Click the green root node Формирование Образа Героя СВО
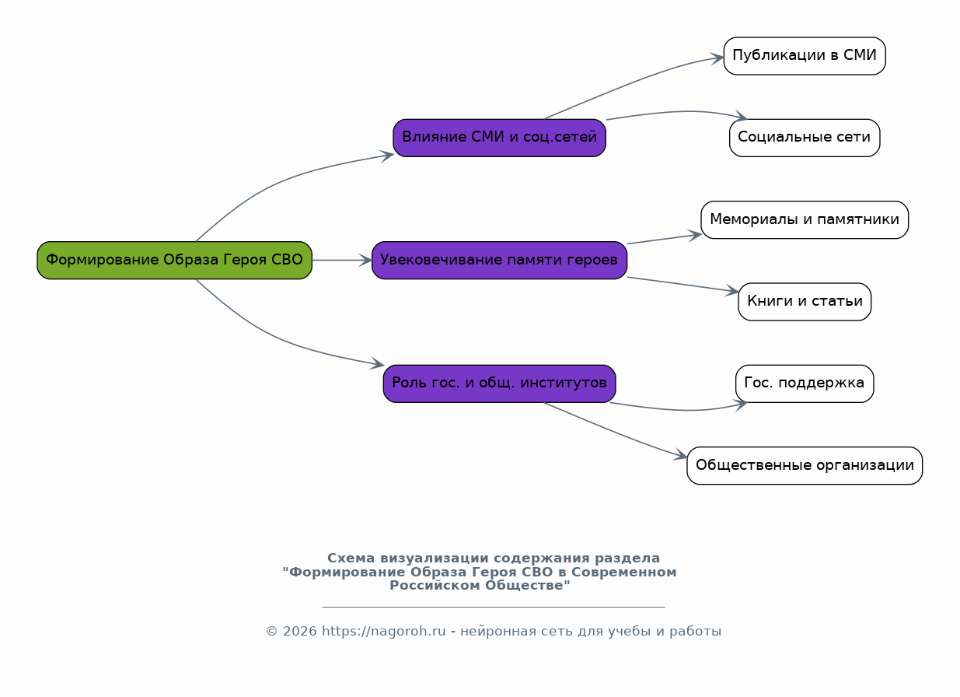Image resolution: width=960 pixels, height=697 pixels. click(x=174, y=260)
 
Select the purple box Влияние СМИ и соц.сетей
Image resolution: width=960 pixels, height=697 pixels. click(x=499, y=138)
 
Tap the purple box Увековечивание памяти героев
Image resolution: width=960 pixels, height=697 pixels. click(x=499, y=260)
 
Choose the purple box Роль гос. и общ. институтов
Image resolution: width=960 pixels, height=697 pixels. click(x=499, y=384)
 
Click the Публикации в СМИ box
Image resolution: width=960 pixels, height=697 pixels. click(x=805, y=56)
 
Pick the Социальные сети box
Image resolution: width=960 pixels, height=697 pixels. click(x=805, y=138)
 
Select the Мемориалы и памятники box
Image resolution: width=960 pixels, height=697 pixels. click(x=805, y=219)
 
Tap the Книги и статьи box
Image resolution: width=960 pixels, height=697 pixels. click(x=805, y=302)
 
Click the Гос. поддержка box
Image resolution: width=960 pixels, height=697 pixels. click(x=805, y=384)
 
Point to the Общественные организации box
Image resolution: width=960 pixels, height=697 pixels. click(x=805, y=466)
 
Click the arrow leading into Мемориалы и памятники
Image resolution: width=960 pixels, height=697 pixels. click(x=665, y=239)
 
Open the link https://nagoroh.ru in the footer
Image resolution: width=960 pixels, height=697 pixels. click(x=384, y=632)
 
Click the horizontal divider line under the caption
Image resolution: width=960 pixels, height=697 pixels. click(x=493, y=607)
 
